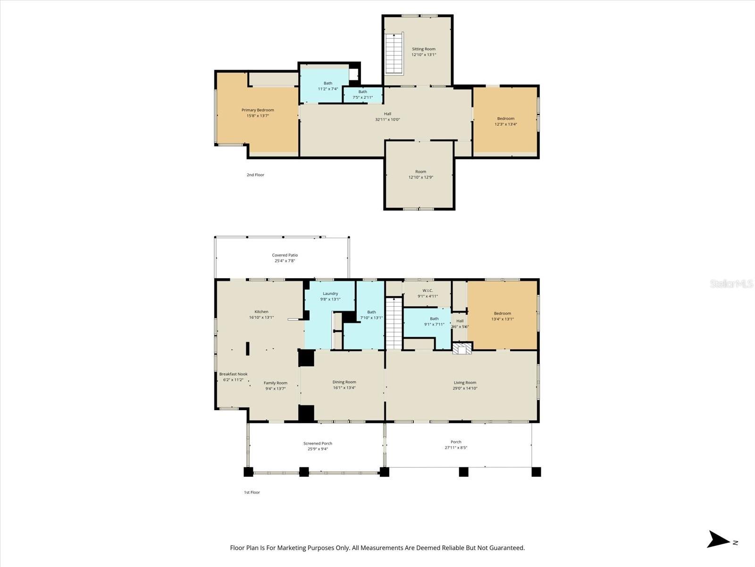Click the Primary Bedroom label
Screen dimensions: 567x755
click(x=258, y=110)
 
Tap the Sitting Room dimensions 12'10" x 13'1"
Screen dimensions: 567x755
click(x=423, y=55)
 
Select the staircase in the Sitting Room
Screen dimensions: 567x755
click(x=394, y=53)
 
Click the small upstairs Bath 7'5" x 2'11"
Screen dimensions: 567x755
click(x=362, y=95)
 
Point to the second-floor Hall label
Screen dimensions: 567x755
click(x=387, y=114)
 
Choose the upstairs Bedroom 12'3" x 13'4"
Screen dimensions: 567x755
click(x=505, y=121)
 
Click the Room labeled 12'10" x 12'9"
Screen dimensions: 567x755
click(x=420, y=174)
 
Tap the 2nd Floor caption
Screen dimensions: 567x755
click(x=255, y=175)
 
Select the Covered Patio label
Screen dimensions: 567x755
click(x=285, y=255)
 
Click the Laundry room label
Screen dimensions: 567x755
click(x=330, y=293)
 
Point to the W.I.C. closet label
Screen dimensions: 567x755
click(x=428, y=291)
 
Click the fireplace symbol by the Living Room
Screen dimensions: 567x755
click(x=462, y=349)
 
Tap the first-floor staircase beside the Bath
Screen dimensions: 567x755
click(x=394, y=324)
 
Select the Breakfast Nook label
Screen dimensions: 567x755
click(x=233, y=374)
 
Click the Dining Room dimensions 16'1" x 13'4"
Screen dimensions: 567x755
click(x=344, y=388)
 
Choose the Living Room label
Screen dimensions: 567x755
click(x=465, y=383)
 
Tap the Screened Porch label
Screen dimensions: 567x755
click(x=318, y=443)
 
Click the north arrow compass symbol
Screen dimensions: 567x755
click(x=719, y=539)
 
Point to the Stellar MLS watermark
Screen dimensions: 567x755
click(x=731, y=283)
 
